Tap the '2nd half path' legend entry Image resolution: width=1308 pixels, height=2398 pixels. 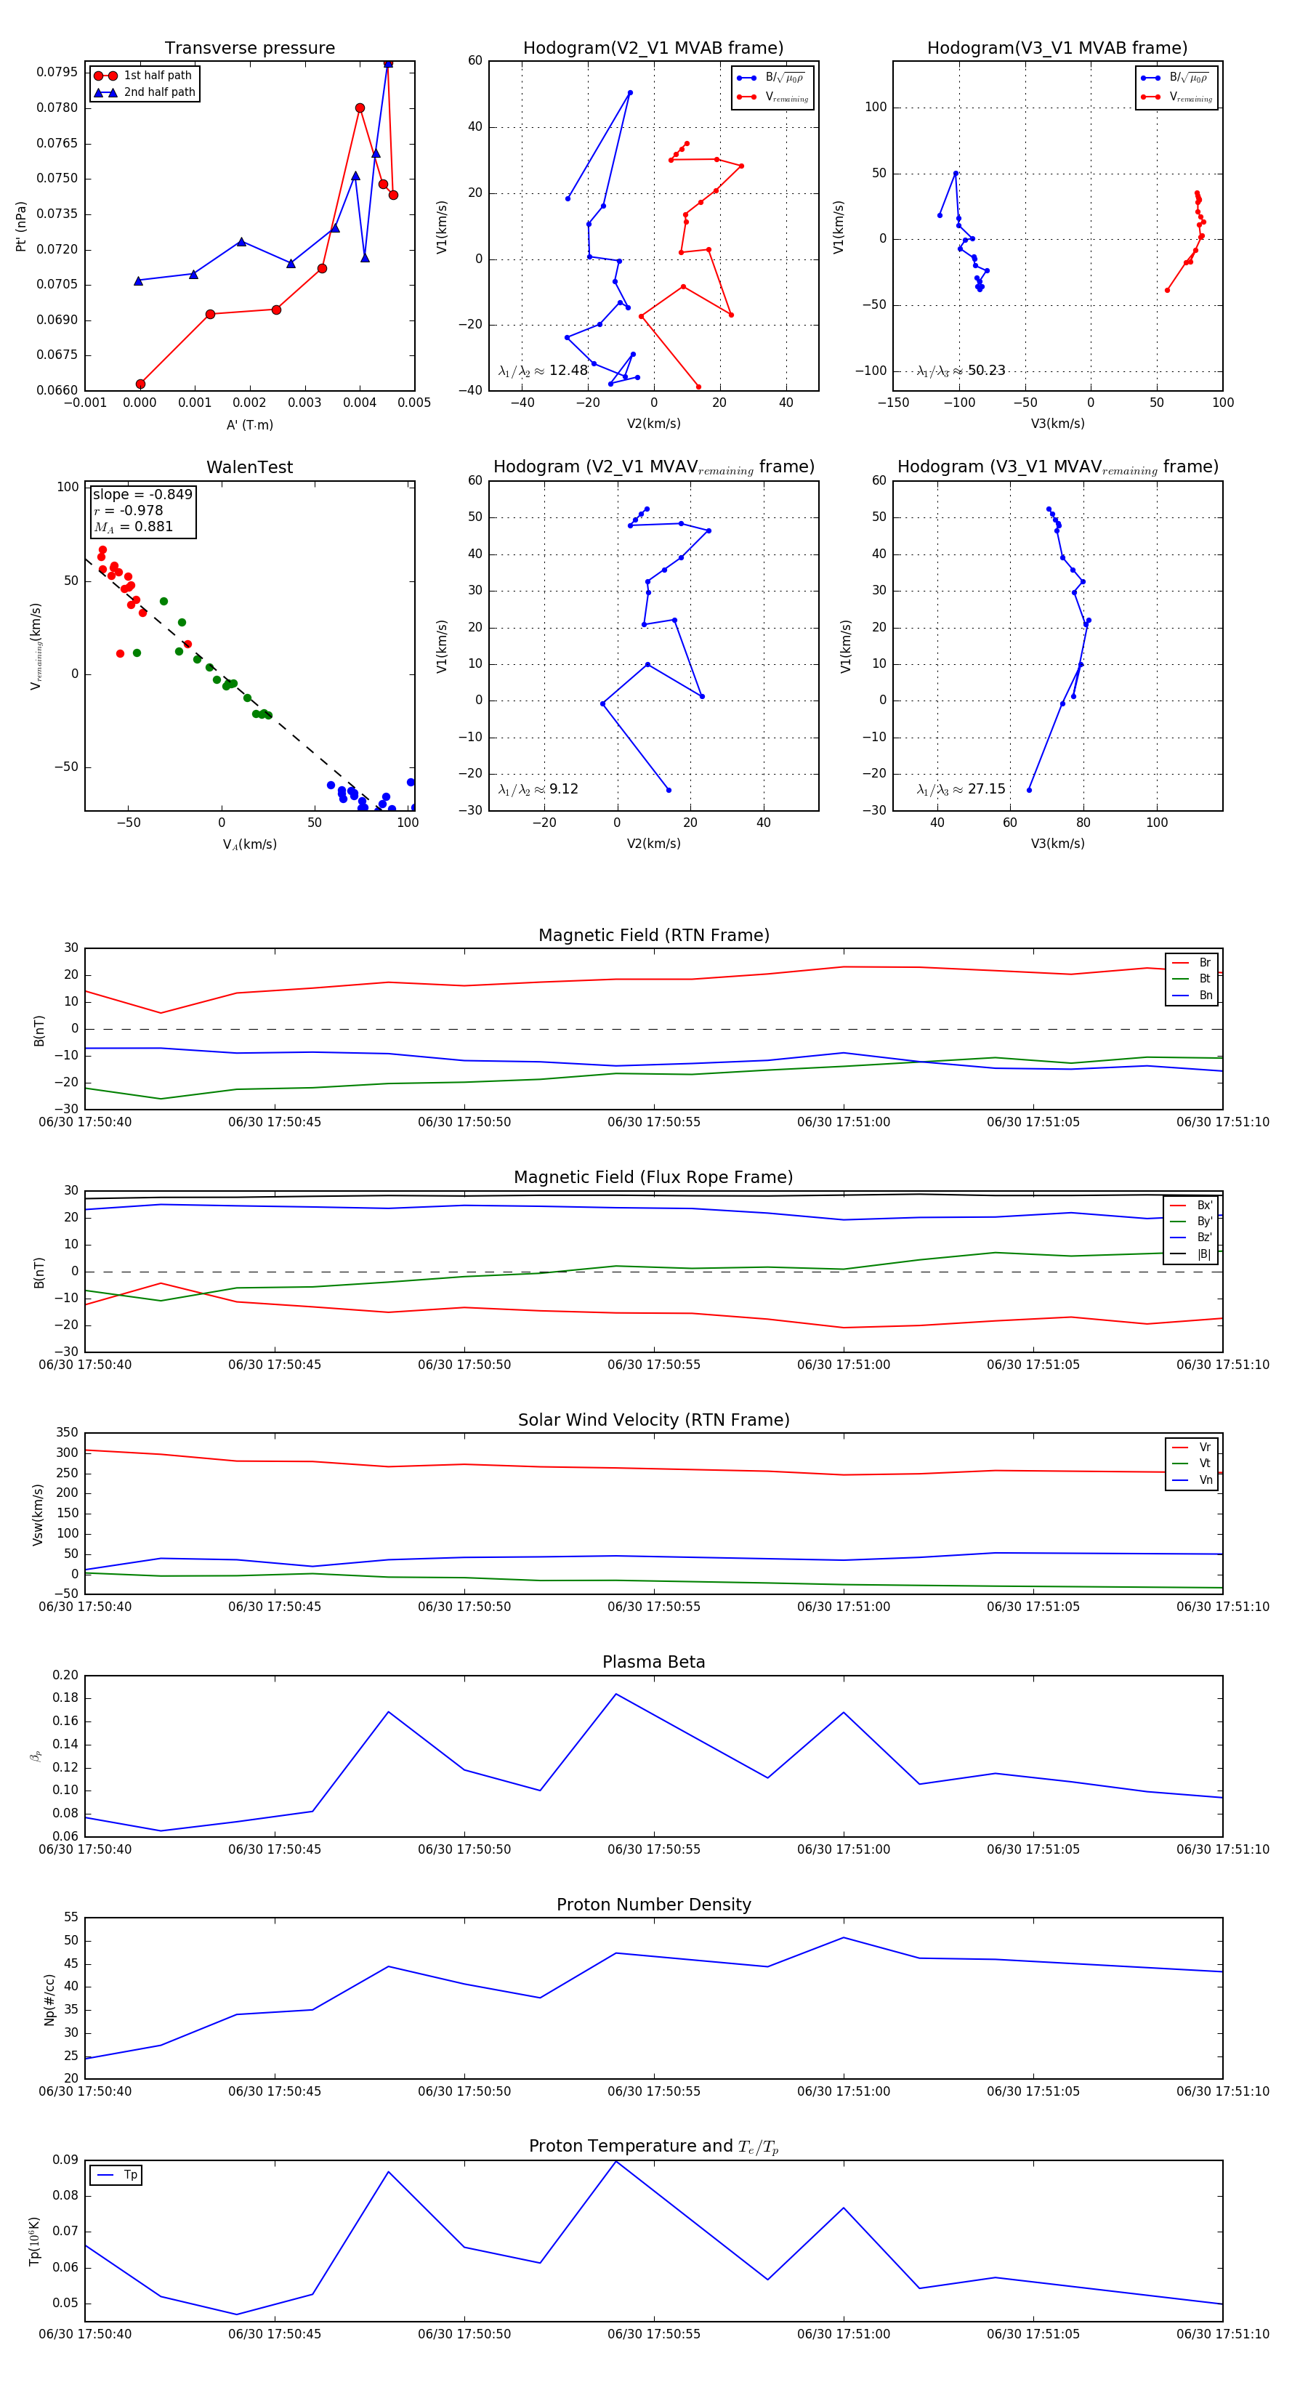159,92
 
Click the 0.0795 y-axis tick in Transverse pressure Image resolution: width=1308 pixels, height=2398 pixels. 57,73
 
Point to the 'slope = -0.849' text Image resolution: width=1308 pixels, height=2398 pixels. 142,494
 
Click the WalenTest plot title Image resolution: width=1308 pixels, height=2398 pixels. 249,467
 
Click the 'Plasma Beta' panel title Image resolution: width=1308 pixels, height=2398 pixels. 653,1663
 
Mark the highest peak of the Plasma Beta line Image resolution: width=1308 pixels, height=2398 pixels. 615,1695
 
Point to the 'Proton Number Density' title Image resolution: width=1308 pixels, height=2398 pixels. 653,1905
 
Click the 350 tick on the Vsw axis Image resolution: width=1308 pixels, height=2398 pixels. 67,1433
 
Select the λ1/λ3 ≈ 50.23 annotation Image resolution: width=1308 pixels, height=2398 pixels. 961,371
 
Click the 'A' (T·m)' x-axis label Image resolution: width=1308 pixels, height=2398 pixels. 249,424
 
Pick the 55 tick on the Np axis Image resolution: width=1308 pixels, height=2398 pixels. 70,1918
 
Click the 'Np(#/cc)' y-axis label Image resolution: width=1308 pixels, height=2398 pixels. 49,2000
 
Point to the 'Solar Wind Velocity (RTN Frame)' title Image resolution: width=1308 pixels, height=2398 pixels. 653,1420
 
